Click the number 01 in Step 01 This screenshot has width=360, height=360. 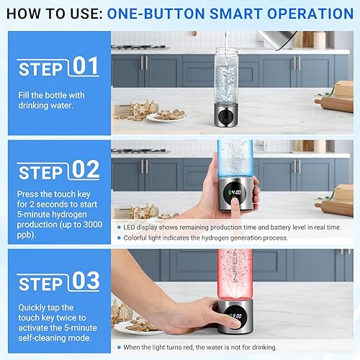point(84,67)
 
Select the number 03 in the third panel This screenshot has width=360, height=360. point(84,281)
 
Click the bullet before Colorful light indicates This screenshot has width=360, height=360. point(117,237)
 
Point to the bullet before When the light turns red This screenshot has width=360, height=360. point(117,348)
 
